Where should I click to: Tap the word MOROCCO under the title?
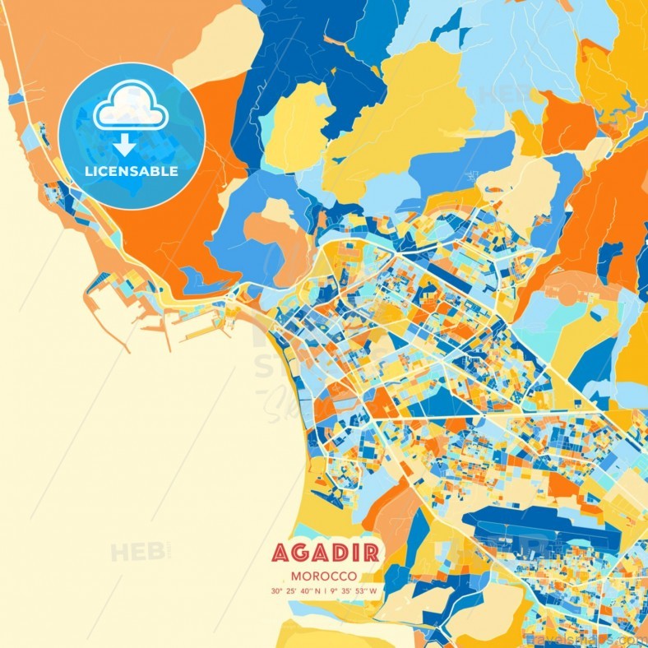click(x=323, y=576)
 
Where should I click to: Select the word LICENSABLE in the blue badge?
click(x=132, y=172)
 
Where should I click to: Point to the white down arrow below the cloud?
click(x=124, y=145)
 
